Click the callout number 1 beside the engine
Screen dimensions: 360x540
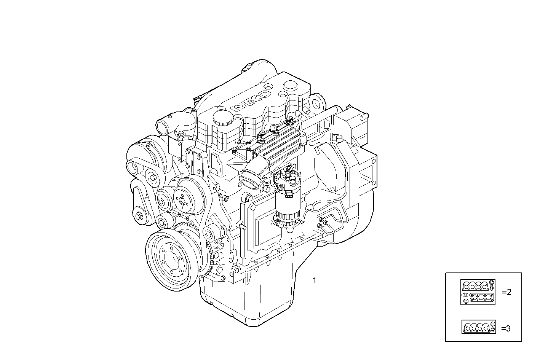click(x=314, y=280)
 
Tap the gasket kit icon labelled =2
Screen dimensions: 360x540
click(x=478, y=292)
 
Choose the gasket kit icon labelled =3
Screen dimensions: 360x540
click(x=479, y=327)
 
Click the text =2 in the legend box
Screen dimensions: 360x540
click(x=506, y=292)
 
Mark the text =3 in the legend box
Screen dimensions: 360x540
click(x=506, y=328)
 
